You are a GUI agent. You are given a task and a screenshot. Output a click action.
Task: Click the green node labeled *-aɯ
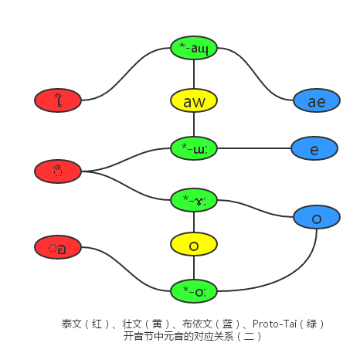pos(194,47)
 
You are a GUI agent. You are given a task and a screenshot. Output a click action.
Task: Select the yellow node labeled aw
pos(194,100)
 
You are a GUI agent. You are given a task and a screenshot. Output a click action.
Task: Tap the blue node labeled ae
pos(316,100)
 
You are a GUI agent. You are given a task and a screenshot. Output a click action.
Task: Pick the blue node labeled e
pos(314,148)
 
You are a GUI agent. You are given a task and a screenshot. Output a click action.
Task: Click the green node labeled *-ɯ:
pos(194,148)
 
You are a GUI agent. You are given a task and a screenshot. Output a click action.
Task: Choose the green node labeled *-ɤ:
pos(194,199)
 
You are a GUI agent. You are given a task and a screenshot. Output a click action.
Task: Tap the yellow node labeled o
pos(194,245)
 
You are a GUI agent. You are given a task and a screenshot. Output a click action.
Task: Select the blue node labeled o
pos(317,217)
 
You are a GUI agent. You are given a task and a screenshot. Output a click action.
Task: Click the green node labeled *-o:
pos(194,290)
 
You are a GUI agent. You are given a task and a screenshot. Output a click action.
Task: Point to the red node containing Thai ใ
pos(58,100)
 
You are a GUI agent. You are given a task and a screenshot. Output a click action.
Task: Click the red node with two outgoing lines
pos(58,171)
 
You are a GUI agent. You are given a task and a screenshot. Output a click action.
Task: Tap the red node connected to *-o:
pos(58,247)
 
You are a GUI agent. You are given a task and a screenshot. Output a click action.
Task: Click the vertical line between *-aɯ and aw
pos(194,73)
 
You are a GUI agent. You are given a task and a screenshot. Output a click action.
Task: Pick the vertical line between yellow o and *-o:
pos(194,268)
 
